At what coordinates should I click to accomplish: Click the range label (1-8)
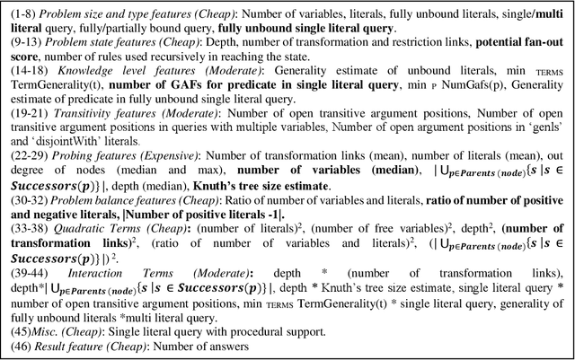(x=20, y=11)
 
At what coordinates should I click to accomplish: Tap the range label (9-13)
(x=22, y=44)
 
